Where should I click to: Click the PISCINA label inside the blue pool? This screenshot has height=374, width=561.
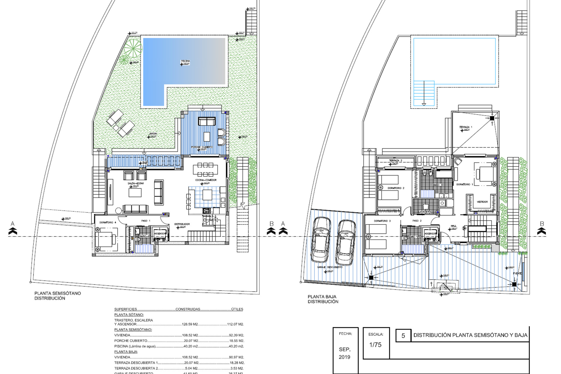click(x=185, y=61)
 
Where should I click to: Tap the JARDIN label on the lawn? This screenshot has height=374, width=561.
click(x=153, y=134)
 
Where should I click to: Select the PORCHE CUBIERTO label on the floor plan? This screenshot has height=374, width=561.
click(x=202, y=147)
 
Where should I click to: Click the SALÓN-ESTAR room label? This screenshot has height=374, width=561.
click(x=136, y=183)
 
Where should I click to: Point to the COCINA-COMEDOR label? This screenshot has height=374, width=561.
click(x=206, y=180)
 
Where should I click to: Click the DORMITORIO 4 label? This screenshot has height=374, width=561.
click(x=108, y=222)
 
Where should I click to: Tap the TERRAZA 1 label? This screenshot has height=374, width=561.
click(x=465, y=127)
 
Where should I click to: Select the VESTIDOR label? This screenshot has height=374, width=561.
click(x=482, y=202)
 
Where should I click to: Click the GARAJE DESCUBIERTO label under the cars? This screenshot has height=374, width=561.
click(x=330, y=267)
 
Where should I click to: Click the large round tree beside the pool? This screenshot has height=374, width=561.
click(x=133, y=48)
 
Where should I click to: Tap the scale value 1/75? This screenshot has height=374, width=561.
click(x=375, y=345)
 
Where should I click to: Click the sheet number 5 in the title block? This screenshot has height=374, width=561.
click(x=403, y=336)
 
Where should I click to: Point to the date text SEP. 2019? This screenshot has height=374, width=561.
click(x=344, y=353)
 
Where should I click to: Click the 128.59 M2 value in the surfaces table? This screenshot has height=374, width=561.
click(x=190, y=324)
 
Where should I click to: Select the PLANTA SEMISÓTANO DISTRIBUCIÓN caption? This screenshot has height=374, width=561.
click(x=58, y=296)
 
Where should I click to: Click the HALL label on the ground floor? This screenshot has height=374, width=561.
click(x=453, y=226)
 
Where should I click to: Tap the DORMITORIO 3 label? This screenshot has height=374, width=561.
click(x=382, y=221)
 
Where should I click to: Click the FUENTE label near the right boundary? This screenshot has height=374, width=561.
click(x=517, y=273)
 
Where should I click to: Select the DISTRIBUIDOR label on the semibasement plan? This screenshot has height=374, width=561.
click(x=182, y=224)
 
